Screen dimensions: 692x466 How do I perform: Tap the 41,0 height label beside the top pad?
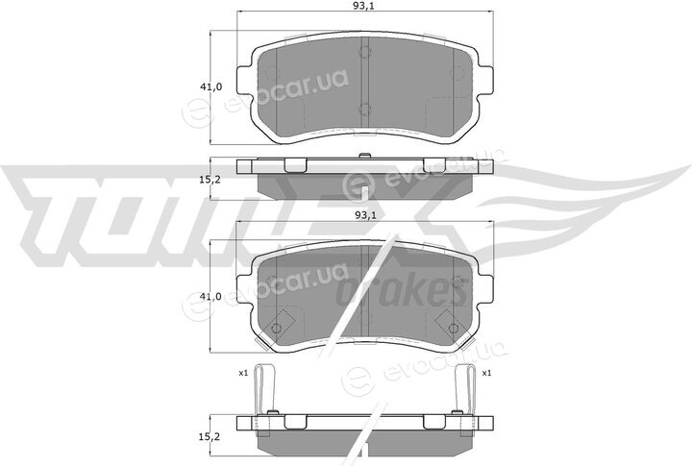pos(210,86)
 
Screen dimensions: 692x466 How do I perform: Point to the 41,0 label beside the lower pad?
pos(210,297)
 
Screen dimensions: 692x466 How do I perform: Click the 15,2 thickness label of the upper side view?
pos(210,180)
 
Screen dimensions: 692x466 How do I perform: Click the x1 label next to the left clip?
pos(243,374)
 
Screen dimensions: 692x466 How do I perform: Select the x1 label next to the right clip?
pos(486,374)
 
